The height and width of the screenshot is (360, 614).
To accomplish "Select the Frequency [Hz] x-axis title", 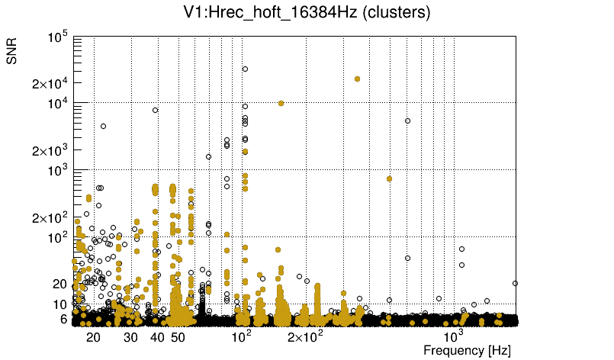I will [x=466, y=350].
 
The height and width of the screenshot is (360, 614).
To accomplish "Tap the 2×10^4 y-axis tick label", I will [x=51, y=83].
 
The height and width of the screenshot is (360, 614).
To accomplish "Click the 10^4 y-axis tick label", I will [x=58, y=103].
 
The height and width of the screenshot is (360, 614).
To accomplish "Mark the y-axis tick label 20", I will [x=59, y=284].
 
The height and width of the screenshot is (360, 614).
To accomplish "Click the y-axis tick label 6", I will [x=64, y=319].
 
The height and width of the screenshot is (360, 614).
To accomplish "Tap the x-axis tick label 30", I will [x=130, y=337].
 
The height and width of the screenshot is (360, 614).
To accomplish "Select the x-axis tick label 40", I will [x=157, y=337].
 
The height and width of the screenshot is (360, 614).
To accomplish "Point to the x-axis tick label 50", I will [x=178, y=337].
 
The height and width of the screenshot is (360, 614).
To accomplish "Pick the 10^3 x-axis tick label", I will [x=453, y=336].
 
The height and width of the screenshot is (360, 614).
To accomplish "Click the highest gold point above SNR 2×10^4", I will [x=357, y=79].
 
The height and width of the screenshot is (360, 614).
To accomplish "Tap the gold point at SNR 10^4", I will [x=281, y=103].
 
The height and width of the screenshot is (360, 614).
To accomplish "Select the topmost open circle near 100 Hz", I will [x=246, y=69].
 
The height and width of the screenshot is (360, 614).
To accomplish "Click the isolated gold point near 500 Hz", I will [x=389, y=178].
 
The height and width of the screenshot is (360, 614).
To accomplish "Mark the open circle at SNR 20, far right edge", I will [x=516, y=283].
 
